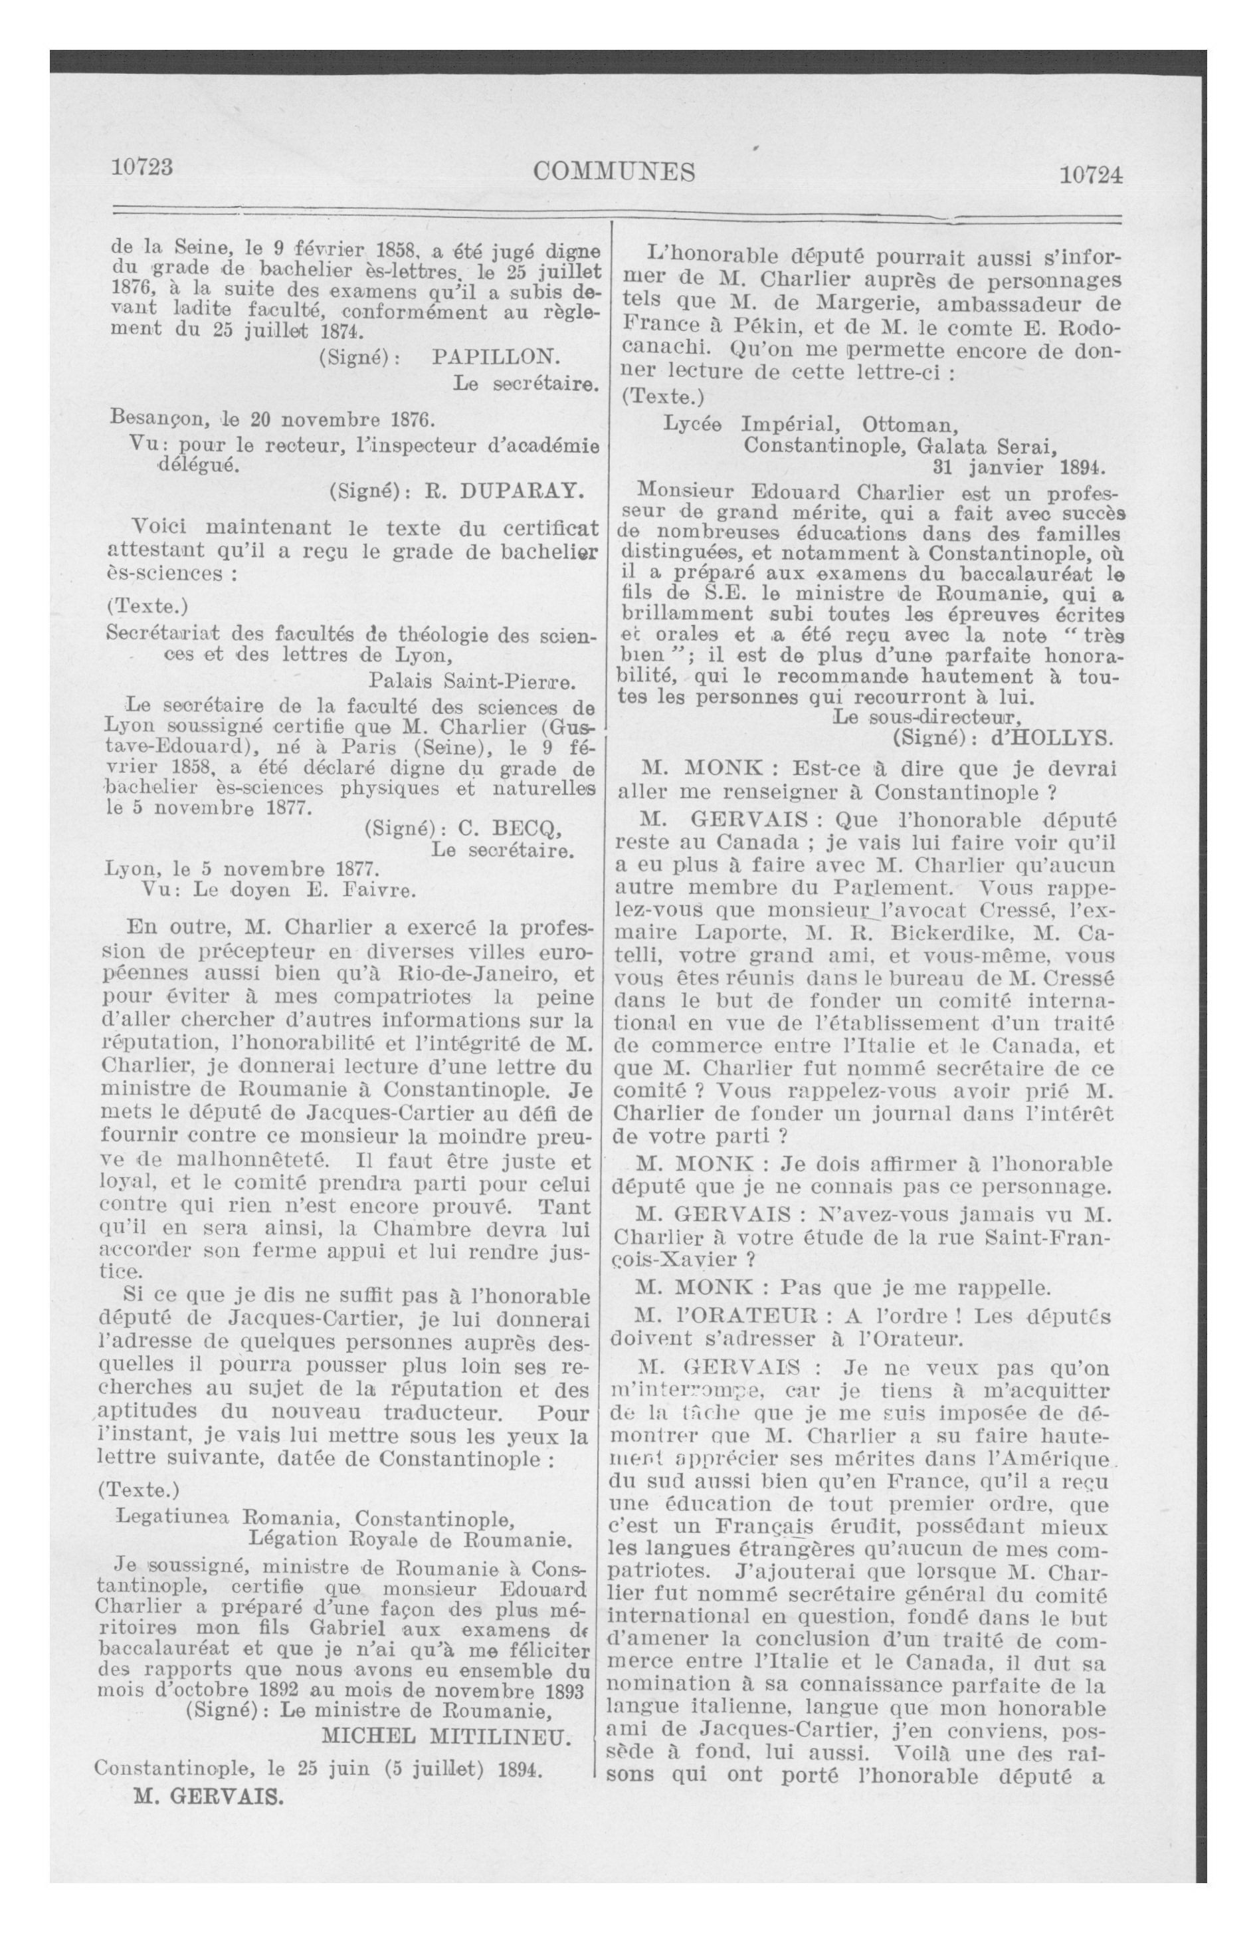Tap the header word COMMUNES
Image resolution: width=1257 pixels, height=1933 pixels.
coord(615,171)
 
